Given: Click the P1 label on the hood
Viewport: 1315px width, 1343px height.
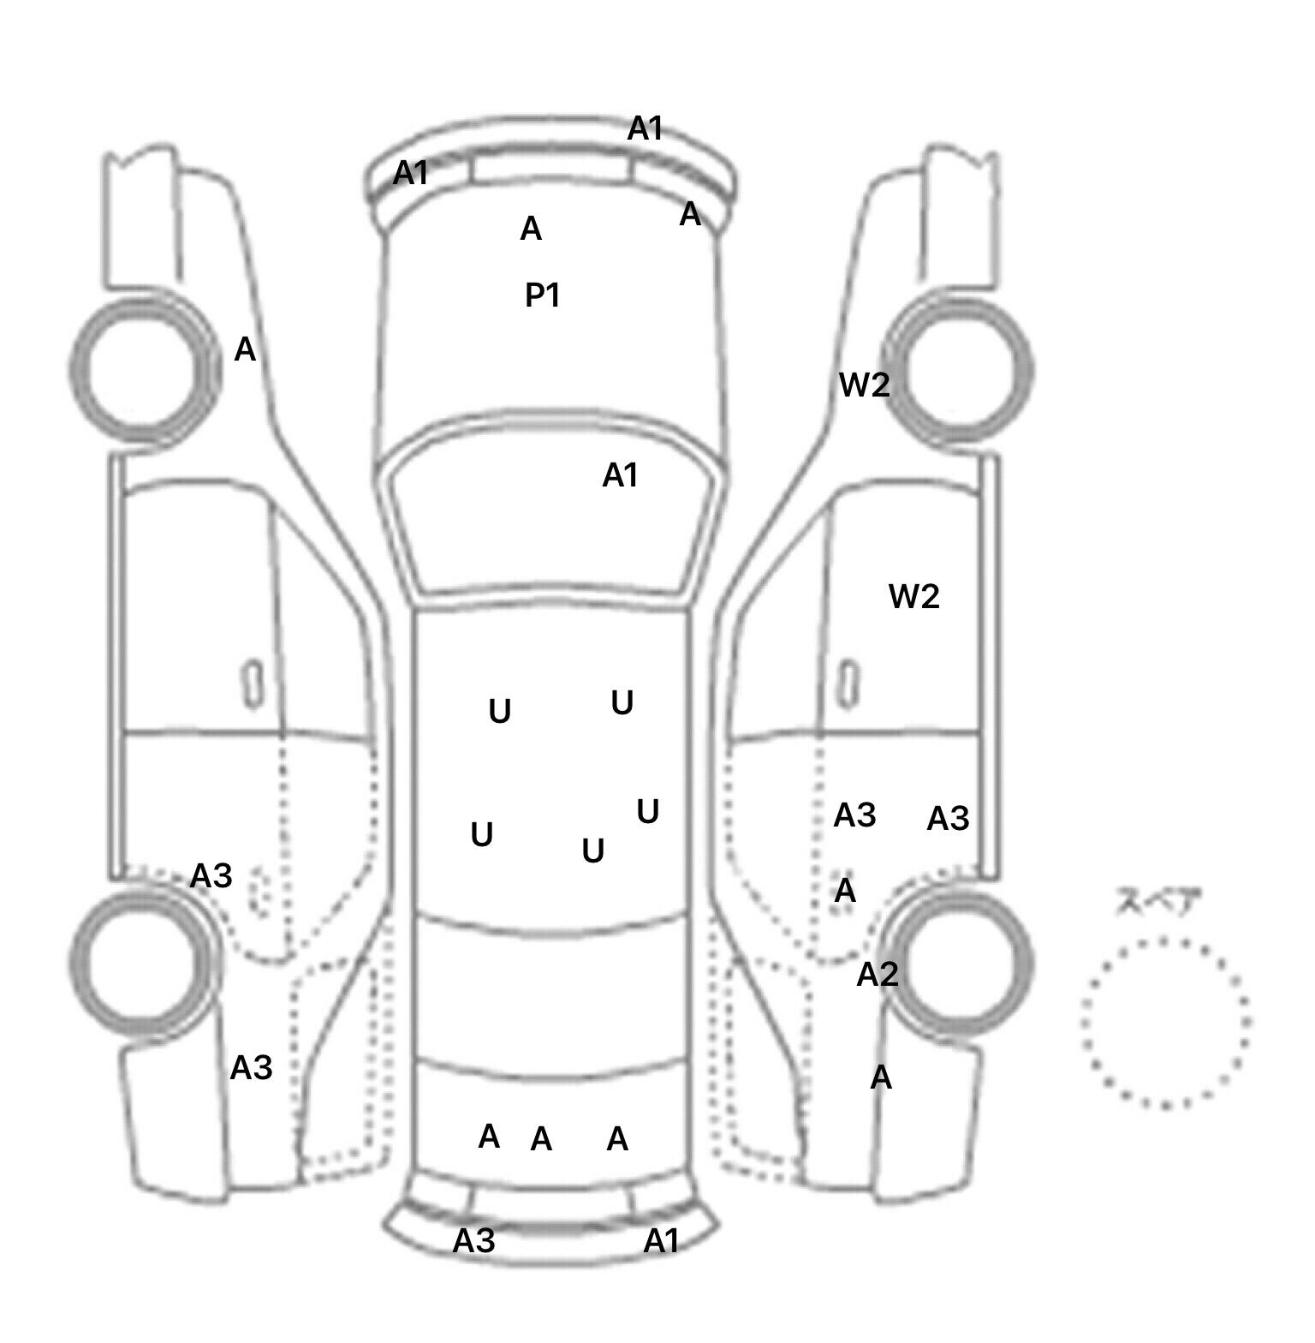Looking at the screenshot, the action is (542, 295).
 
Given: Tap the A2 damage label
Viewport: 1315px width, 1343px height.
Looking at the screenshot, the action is (878, 974).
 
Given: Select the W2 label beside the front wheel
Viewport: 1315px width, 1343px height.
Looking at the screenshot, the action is (865, 385).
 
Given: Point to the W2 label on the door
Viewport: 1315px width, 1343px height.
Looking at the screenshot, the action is (914, 596).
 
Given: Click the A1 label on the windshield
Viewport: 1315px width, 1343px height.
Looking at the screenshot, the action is (620, 475).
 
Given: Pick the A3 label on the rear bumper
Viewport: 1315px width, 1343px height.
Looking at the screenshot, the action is (474, 1240).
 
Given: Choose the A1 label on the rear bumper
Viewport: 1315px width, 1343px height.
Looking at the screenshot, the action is (661, 1240).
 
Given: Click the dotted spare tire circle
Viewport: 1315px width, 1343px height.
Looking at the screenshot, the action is (1084, 1024).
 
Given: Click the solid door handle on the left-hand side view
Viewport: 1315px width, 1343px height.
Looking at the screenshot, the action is (253, 685).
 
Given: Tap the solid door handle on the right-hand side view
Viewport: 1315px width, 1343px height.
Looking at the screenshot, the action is (848, 685).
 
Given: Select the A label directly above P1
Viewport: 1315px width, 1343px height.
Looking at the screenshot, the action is (531, 230).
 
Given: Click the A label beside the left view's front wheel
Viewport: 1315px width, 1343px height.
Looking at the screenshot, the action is (245, 350).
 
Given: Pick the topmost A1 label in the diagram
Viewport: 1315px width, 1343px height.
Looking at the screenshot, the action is (646, 129).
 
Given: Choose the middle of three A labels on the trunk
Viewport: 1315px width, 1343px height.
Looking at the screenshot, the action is (541, 1139).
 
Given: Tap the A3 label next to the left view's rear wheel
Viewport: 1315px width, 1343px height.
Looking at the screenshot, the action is (211, 876).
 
